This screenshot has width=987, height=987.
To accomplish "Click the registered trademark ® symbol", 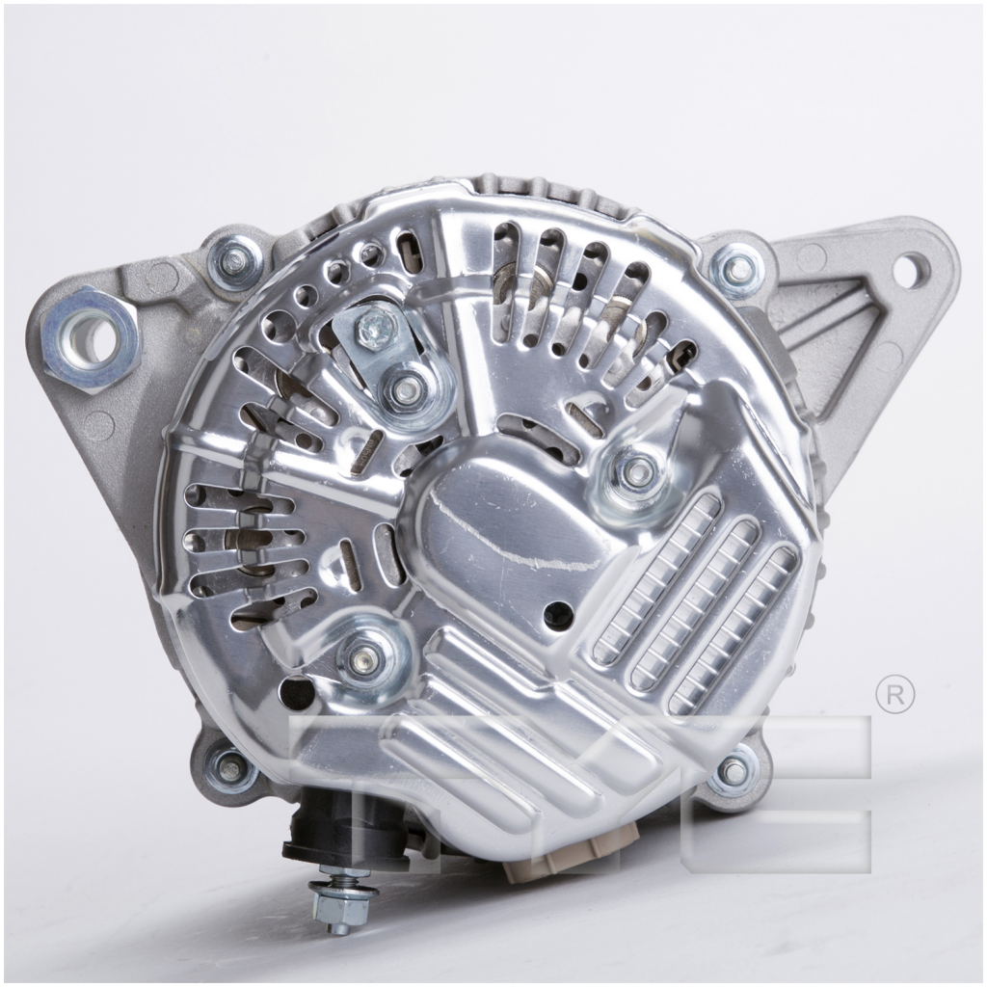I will [x=894, y=695].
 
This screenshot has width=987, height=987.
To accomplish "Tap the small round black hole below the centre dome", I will [x=557, y=611].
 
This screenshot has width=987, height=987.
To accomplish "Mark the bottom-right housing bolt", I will [x=734, y=771].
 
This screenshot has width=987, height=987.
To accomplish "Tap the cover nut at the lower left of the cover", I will [x=365, y=659].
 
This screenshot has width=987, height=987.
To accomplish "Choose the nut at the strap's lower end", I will [x=406, y=389].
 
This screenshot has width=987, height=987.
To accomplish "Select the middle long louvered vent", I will [x=694, y=605].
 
